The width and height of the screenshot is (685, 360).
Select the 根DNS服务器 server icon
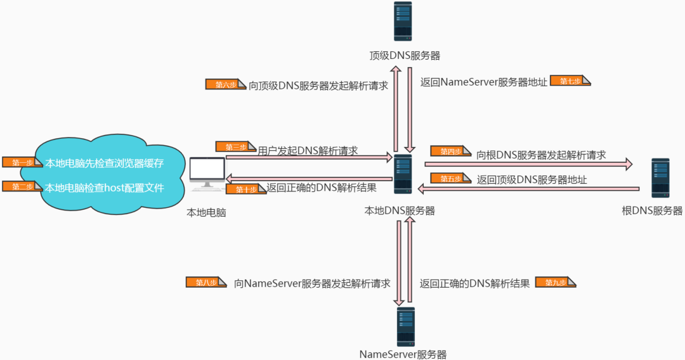coord(660,178)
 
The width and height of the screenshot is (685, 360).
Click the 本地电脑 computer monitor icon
coord(207,174)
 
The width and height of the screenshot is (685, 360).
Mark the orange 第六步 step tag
coord(225,84)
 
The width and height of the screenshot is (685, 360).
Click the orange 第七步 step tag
coord(570,80)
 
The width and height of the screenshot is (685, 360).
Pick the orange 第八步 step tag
coord(205,282)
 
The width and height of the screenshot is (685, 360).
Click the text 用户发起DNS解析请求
coord(308,151)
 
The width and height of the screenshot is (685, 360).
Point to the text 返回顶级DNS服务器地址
coord(532,179)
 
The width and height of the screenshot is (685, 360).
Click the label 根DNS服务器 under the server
coord(652,210)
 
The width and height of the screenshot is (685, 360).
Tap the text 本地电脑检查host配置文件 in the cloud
coord(105,188)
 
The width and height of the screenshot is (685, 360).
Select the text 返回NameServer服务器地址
coord(483,82)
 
